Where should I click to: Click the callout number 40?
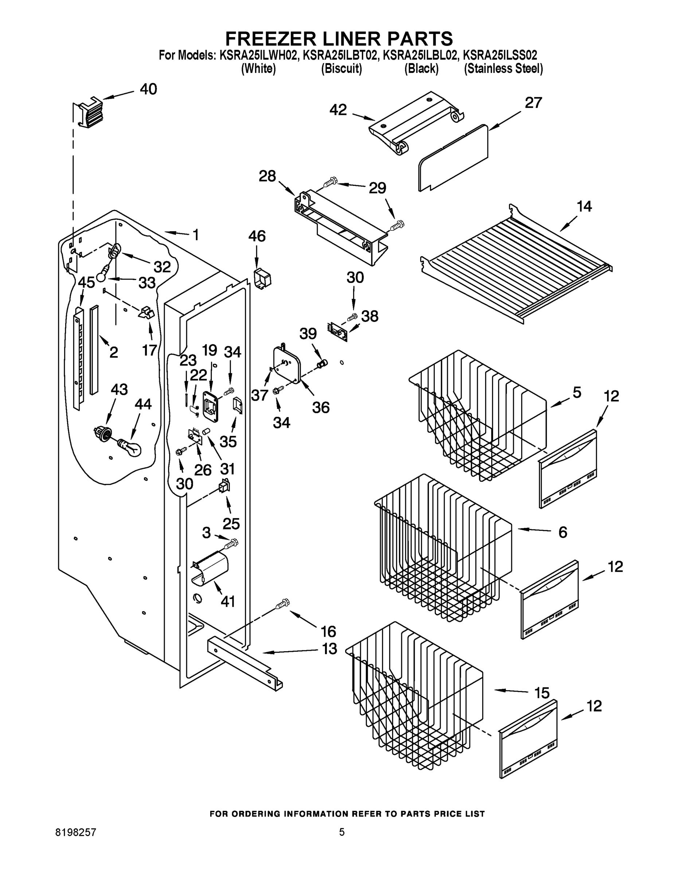click(148, 89)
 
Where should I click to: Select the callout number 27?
click(533, 103)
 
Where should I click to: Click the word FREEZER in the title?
click(268, 39)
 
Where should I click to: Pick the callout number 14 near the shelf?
click(584, 207)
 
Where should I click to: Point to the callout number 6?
click(563, 532)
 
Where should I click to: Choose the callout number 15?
click(542, 693)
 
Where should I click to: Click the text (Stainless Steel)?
click(503, 69)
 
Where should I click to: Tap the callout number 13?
click(329, 649)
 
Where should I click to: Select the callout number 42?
click(338, 110)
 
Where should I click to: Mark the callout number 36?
click(320, 408)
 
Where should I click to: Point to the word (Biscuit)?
click(341, 69)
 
